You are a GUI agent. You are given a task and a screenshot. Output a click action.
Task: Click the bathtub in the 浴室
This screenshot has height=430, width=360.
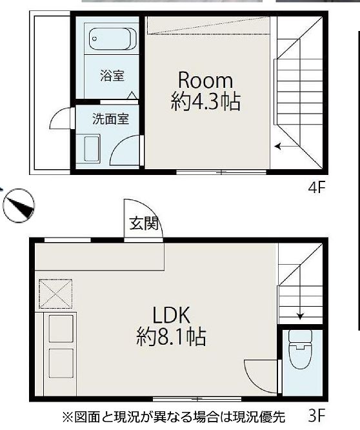[x=112, y=39]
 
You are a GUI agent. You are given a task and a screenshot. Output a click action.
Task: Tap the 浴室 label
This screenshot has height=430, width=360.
[x=112, y=76]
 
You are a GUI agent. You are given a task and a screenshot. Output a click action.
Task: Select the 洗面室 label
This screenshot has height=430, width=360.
[x=110, y=119]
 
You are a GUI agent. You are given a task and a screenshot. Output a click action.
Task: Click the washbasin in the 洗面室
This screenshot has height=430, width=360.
[x=88, y=148]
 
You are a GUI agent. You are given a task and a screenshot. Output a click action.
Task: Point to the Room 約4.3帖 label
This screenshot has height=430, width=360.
[x=205, y=91]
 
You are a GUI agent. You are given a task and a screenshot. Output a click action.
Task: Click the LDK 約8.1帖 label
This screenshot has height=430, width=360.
[x=171, y=326]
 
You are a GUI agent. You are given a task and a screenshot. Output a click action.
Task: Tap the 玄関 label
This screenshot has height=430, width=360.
[x=144, y=223]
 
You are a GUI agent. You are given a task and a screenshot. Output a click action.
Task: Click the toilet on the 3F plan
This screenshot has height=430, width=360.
[x=300, y=349]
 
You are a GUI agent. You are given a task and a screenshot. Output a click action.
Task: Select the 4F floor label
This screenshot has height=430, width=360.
[x=317, y=188]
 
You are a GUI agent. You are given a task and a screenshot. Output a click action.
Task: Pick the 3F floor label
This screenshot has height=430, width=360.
[x=317, y=416]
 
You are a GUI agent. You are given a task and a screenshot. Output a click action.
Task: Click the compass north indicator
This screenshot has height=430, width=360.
[x=19, y=205]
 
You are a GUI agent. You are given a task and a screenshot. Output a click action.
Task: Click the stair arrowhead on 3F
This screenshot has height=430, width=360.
[x=300, y=316]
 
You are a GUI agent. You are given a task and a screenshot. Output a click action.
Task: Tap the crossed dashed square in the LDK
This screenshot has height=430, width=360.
[x=55, y=294]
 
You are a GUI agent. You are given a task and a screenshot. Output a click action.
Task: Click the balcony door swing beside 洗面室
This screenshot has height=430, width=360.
[x=60, y=118]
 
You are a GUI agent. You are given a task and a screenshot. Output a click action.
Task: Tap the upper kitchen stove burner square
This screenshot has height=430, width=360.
[x=61, y=329]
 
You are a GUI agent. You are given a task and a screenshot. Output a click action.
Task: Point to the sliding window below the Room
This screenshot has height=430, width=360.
[x=221, y=172]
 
